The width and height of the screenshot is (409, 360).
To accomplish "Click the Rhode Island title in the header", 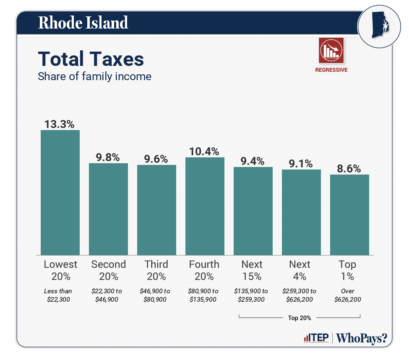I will pos(83,23).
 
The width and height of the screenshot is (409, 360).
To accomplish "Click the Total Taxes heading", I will pos(91,59).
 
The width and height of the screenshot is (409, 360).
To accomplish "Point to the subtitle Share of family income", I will pos(94,77).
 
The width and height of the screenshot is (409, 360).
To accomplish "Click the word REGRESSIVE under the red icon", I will pos(331,70).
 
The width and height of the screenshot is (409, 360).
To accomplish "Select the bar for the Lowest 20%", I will pos(60,193).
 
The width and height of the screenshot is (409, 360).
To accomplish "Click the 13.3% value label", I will pos(60,124).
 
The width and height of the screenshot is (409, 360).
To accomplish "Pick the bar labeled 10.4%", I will pos(205,206).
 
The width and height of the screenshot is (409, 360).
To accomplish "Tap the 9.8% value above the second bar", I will pos(108,157).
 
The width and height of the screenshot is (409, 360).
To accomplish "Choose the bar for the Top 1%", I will pos(349,214).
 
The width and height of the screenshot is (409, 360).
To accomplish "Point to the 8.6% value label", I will pos(349,169).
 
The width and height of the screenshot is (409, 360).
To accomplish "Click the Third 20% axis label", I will pos(156,270).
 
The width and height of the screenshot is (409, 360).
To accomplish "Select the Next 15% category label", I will pos(252,270).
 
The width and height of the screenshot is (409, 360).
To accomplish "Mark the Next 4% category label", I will pos(300,270).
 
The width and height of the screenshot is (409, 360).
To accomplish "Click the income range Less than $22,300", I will pos(58,295).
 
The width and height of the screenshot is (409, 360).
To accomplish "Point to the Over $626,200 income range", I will pos(348,295).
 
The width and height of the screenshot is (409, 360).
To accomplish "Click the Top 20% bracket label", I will pos(300,318).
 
